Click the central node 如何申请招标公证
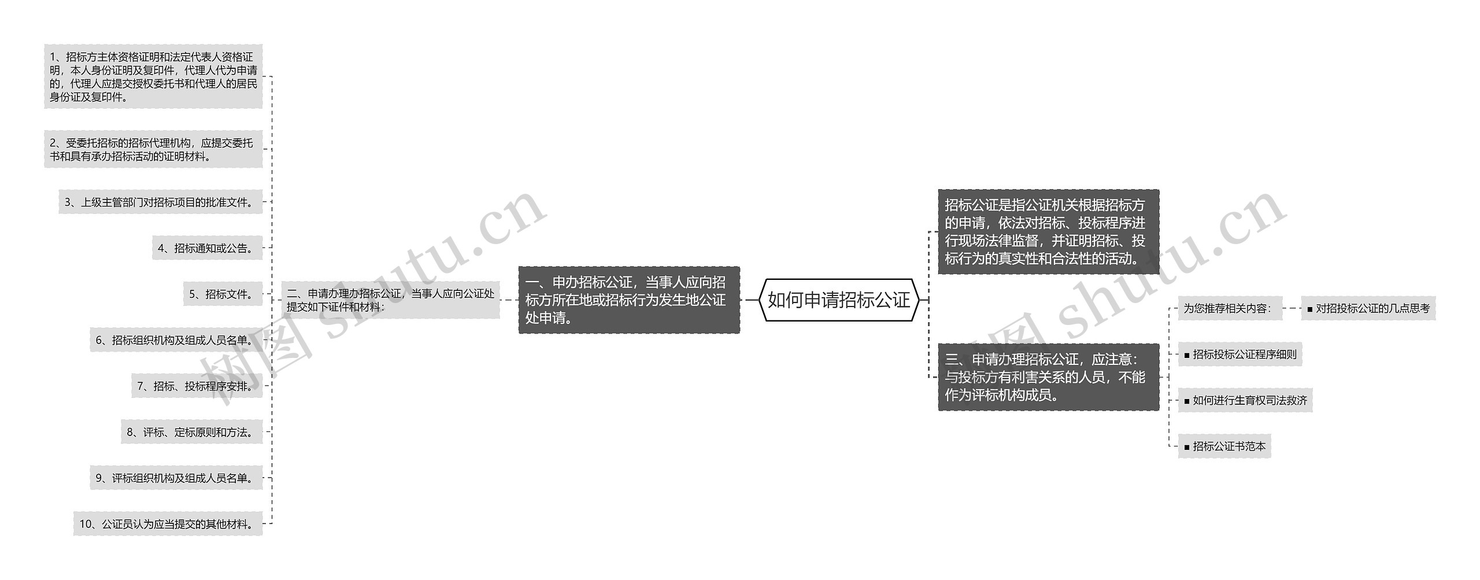pos(838,300)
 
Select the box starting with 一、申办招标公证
pos(628,300)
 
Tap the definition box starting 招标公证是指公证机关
pos(1048,231)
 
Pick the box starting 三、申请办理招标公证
pos(1048,377)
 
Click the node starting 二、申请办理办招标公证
pos(390,300)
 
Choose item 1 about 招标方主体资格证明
pos(153,76)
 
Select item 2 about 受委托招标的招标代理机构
pos(153,149)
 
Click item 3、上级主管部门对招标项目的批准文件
pos(160,202)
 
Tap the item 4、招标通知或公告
pos(207,248)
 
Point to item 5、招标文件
pos(223,294)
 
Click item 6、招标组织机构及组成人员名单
pos(176,340)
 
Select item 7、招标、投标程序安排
pos(197,386)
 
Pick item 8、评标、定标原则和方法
pos(191,432)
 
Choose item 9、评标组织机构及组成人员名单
pos(176,478)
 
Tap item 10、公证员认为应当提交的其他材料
pos(168,524)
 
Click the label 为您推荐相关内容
pos(1229,308)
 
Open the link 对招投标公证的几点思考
pos(1368,308)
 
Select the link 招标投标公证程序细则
pos(1239,354)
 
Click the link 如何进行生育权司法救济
pos(1245,400)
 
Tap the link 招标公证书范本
pos(1224,446)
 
